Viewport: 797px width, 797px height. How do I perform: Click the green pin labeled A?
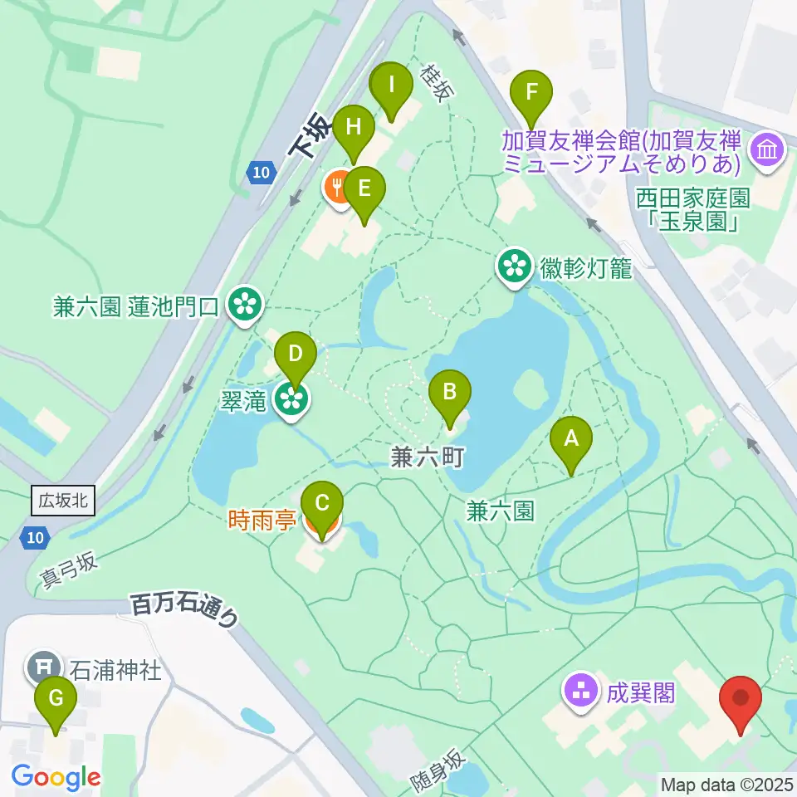click(x=571, y=438)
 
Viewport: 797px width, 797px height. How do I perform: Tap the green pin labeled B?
click(x=449, y=392)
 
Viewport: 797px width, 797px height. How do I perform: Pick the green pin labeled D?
click(x=296, y=354)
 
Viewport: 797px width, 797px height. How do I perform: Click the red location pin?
click(x=739, y=699)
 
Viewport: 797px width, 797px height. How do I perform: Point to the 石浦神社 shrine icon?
click(x=43, y=667)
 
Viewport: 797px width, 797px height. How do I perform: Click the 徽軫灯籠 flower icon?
click(x=515, y=266)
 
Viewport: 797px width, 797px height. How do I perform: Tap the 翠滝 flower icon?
click(x=292, y=401)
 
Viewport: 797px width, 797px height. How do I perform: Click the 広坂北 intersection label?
click(x=64, y=501)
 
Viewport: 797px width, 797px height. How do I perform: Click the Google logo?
click(x=56, y=777)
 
